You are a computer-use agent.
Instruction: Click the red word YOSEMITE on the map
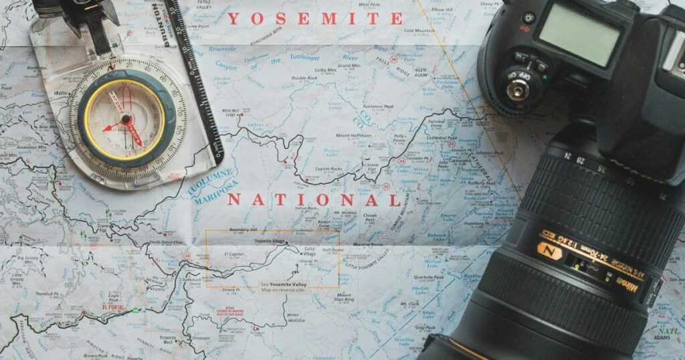(x=315, y=19)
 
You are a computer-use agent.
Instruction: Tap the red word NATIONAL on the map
(x=314, y=200)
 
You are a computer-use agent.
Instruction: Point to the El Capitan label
(x=235, y=255)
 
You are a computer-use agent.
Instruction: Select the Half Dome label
(x=332, y=250)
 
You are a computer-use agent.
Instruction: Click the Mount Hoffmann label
(x=352, y=136)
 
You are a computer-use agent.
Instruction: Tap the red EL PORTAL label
(x=113, y=307)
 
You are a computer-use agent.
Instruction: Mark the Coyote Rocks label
(x=328, y=169)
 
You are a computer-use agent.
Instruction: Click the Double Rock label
(x=304, y=78)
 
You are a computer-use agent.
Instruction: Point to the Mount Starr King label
(x=344, y=297)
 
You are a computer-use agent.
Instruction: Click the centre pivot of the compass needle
(x=126, y=119)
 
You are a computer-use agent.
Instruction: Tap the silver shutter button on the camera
(x=516, y=88)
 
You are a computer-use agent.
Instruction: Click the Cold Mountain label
(x=419, y=30)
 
